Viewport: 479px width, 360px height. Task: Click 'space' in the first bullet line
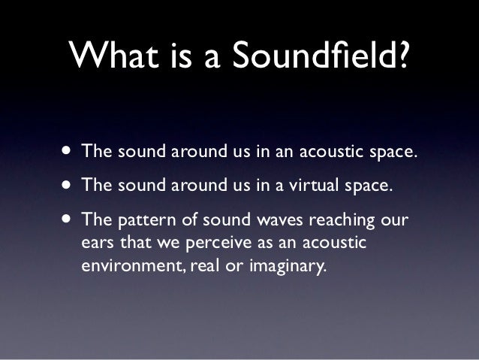[x=391, y=153]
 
